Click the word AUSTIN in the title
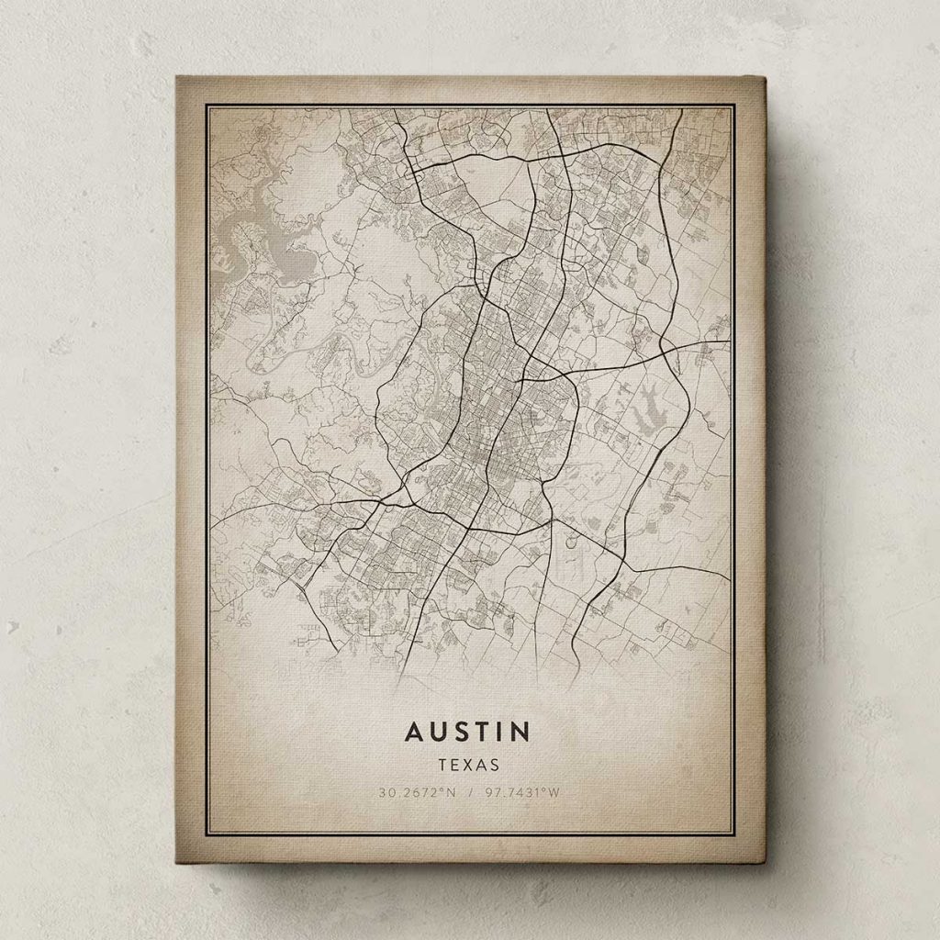tap(467, 732)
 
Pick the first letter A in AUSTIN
tap(414, 732)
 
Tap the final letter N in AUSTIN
tap(520, 732)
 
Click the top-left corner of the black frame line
tap(207, 106)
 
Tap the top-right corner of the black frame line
tap(733, 106)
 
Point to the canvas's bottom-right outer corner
tap(765, 862)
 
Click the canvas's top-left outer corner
tap(176, 77)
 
